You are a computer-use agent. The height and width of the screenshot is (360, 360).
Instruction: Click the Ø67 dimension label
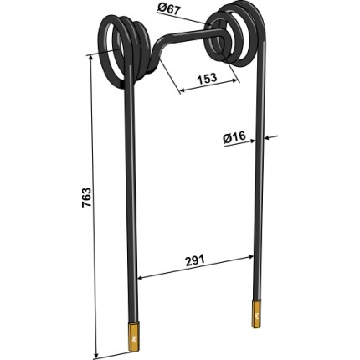[x=169, y=9]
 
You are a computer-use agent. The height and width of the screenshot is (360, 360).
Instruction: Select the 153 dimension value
[x=207, y=78]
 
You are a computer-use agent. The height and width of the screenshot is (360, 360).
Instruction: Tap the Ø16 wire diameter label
[x=234, y=136]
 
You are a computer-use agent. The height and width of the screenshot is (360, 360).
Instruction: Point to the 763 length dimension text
[x=86, y=198]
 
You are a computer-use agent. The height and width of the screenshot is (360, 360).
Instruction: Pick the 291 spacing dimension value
[x=195, y=260]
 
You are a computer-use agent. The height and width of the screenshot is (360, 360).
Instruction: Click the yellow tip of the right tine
[x=257, y=314]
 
